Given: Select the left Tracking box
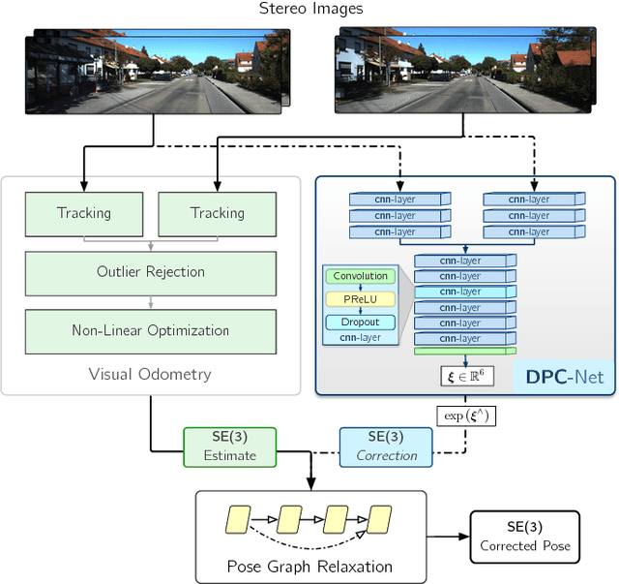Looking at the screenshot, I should (x=83, y=213).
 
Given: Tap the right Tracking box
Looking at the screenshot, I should (x=217, y=213).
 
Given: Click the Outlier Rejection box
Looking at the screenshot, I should (x=150, y=272).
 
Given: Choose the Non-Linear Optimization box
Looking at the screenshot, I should (x=150, y=330).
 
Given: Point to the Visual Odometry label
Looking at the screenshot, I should (x=150, y=374).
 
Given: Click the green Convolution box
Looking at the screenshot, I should (x=360, y=276).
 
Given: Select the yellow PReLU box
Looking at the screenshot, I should (x=360, y=299).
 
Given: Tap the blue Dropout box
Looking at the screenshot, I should (x=360, y=323).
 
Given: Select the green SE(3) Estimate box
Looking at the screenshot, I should (x=230, y=446).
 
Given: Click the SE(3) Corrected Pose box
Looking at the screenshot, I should (x=525, y=537).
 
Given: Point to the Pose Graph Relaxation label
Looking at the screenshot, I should (x=310, y=567).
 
